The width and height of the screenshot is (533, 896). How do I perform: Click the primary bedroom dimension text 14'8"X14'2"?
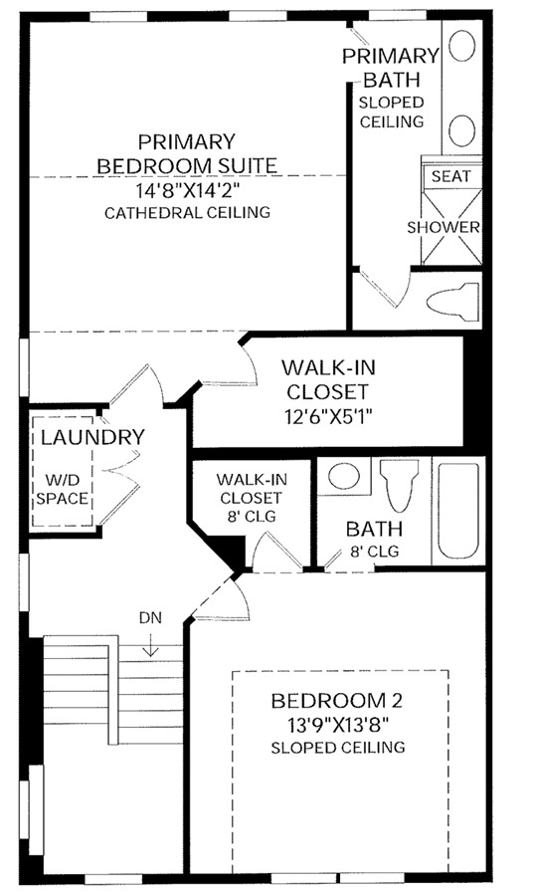pos(187,190)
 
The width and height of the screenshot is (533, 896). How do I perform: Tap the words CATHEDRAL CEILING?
pos(187,213)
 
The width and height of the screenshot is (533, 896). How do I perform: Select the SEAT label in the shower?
pos(450,176)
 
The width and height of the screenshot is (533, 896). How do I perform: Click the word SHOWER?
pos(444,227)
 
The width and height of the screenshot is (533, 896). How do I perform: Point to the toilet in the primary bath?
pos(452,300)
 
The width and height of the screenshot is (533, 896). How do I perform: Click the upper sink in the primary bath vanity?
pos(461,45)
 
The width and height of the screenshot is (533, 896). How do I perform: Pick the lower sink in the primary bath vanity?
pos(461,130)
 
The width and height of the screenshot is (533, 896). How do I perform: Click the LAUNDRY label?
pos(92,437)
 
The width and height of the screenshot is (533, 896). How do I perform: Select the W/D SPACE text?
pos(63,489)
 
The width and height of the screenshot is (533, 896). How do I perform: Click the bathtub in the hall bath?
pos(457,511)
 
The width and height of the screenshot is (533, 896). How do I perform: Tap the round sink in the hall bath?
pos(344,476)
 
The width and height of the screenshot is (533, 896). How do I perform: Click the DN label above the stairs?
pos(150,617)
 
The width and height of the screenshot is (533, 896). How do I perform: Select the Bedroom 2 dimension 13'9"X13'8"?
pos(338,726)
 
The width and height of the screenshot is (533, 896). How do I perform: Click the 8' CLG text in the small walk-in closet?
pos(252,517)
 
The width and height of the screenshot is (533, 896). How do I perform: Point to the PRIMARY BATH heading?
pos(391,68)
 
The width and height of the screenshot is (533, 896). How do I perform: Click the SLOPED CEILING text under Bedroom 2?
pos(338,748)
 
